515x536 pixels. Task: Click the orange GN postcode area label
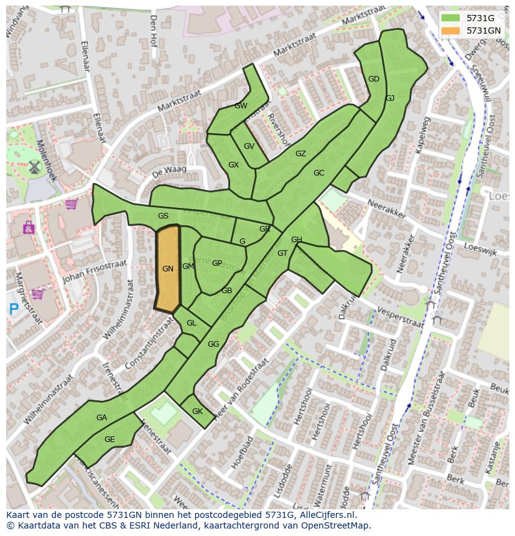tap(167, 269)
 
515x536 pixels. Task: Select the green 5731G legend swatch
tap(452, 18)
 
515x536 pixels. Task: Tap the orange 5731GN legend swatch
tap(452, 31)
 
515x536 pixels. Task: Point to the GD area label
tap(374, 79)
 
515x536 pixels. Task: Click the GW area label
tap(241, 106)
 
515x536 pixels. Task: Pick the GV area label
tap(249, 146)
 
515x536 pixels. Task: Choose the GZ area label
tap(300, 154)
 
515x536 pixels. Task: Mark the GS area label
tap(163, 216)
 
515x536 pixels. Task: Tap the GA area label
tap(102, 418)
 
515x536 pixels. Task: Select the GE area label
tap(109, 440)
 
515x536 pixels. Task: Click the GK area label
tap(197, 411)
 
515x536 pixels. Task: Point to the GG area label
tap(213, 344)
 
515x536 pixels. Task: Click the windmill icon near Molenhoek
tap(34, 167)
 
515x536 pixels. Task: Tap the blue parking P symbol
tap(14, 308)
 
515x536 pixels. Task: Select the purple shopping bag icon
tap(29, 228)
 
